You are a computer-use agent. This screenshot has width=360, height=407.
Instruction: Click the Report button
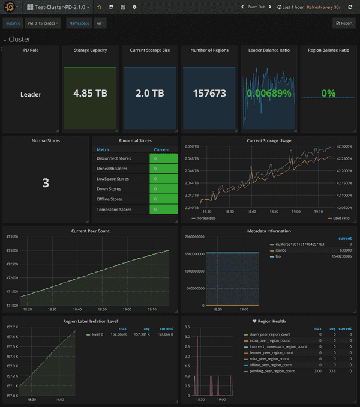tap(344, 23)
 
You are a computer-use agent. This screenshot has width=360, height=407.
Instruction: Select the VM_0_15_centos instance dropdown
tap(40, 23)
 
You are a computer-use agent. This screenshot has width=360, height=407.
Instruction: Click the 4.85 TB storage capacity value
tap(90, 94)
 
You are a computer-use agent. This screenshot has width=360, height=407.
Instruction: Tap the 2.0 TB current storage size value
tap(149, 94)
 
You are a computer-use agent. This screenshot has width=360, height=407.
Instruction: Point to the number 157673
tap(209, 94)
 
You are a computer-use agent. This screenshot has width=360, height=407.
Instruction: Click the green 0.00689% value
tap(268, 94)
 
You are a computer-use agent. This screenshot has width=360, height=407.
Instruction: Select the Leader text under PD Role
tap(31, 94)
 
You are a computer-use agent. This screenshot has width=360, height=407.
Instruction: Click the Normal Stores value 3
tap(46, 183)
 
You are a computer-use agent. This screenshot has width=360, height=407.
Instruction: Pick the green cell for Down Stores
tap(163, 189)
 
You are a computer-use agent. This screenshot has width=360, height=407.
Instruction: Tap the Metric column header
tap(103, 149)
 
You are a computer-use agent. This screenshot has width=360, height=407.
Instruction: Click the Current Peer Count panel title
tap(90, 231)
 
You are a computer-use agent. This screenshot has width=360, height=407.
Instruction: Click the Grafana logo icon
tap(9, 7)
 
